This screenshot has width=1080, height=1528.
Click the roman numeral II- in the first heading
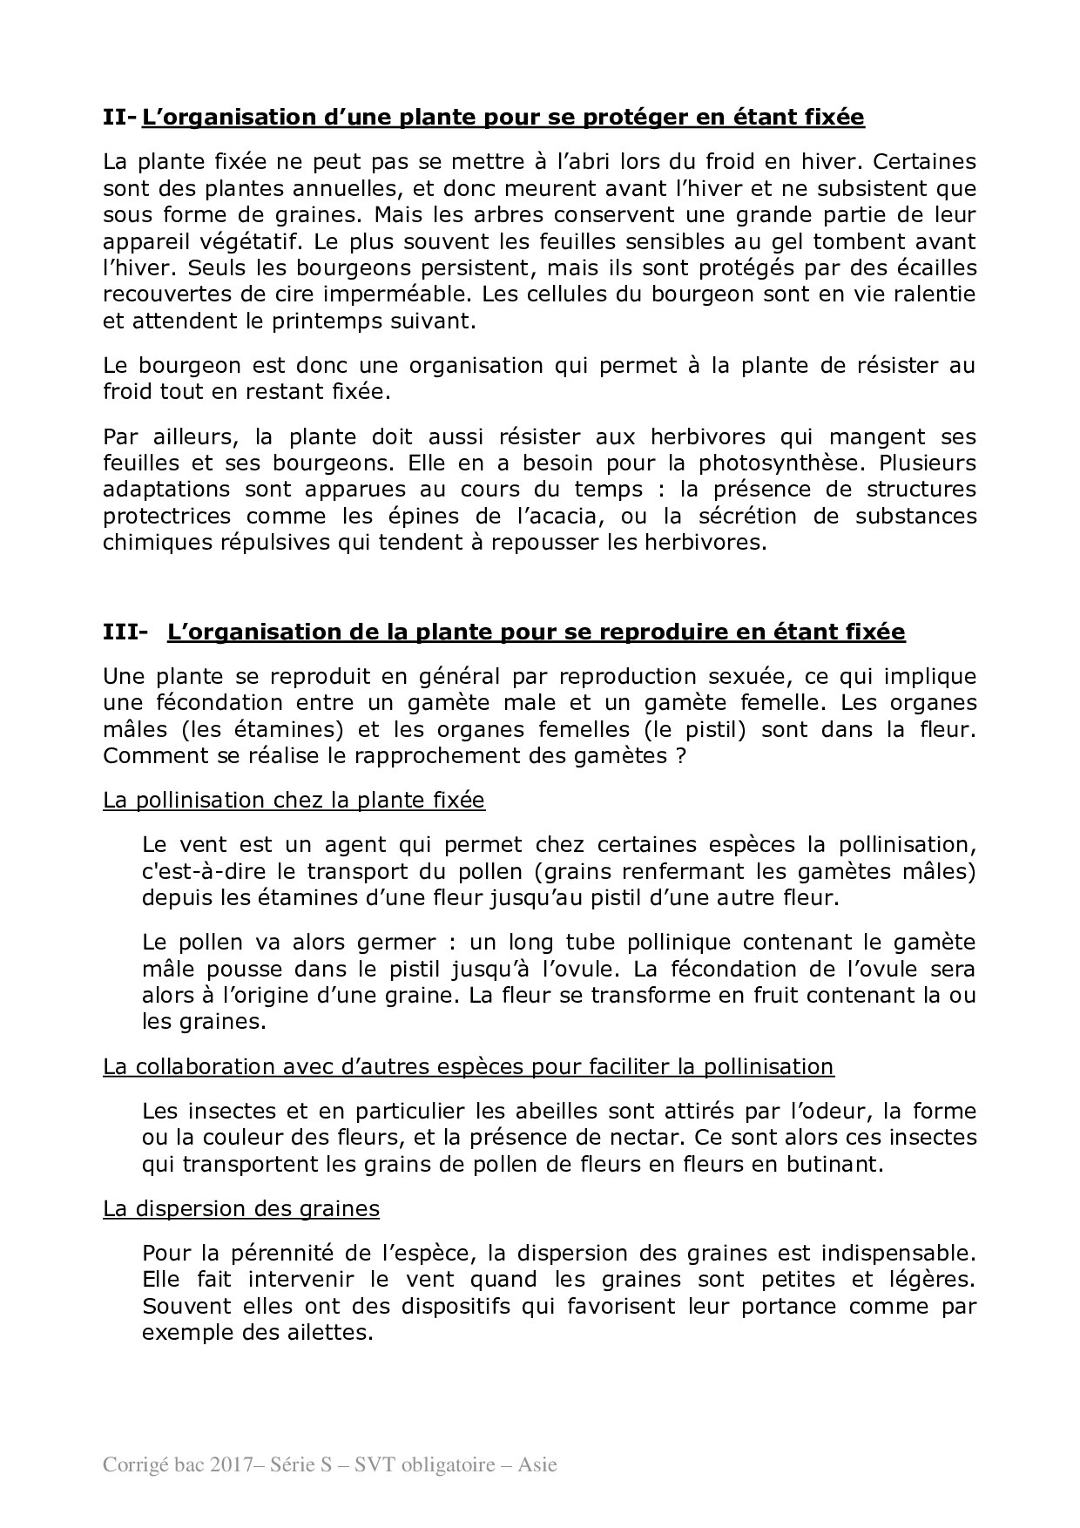coord(119,117)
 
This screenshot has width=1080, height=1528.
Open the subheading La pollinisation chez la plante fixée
coord(294,800)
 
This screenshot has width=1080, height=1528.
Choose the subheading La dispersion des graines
coord(241,1208)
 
